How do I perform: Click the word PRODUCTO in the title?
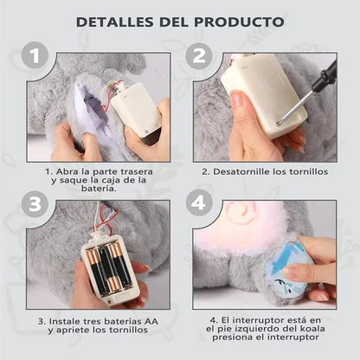[239, 22]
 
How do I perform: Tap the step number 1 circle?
[35, 55]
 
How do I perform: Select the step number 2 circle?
[199, 55]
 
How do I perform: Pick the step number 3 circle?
[35, 204]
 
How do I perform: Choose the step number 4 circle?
[199, 203]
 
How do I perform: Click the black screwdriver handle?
[325, 76]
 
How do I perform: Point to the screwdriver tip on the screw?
[280, 124]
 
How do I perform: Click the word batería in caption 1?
[99, 189]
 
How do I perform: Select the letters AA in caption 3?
[151, 321]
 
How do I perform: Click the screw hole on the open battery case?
[109, 301]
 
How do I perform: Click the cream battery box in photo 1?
[136, 112]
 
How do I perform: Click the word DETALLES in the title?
[115, 22]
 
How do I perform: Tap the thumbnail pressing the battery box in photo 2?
[237, 100]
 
